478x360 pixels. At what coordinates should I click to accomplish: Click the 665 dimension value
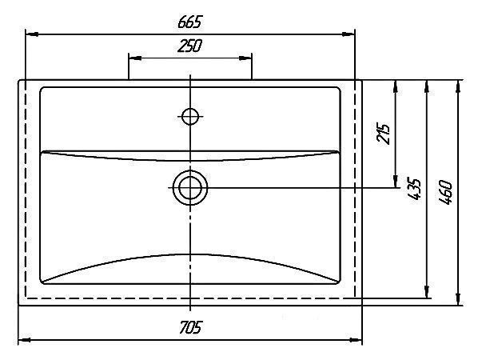point(190,22)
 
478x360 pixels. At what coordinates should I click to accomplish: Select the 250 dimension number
point(189,46)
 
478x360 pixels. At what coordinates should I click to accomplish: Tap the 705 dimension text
point(190,327)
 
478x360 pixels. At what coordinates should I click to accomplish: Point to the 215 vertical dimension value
point(384,134)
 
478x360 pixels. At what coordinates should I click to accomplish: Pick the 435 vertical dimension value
point(414,189)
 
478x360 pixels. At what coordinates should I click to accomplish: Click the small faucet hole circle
point(190,116)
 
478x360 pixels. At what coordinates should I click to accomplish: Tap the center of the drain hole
point(190,187)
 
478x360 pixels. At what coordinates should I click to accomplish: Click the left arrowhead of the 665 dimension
point(32,34)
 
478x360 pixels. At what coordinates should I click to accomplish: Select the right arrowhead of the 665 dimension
point(349,34)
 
